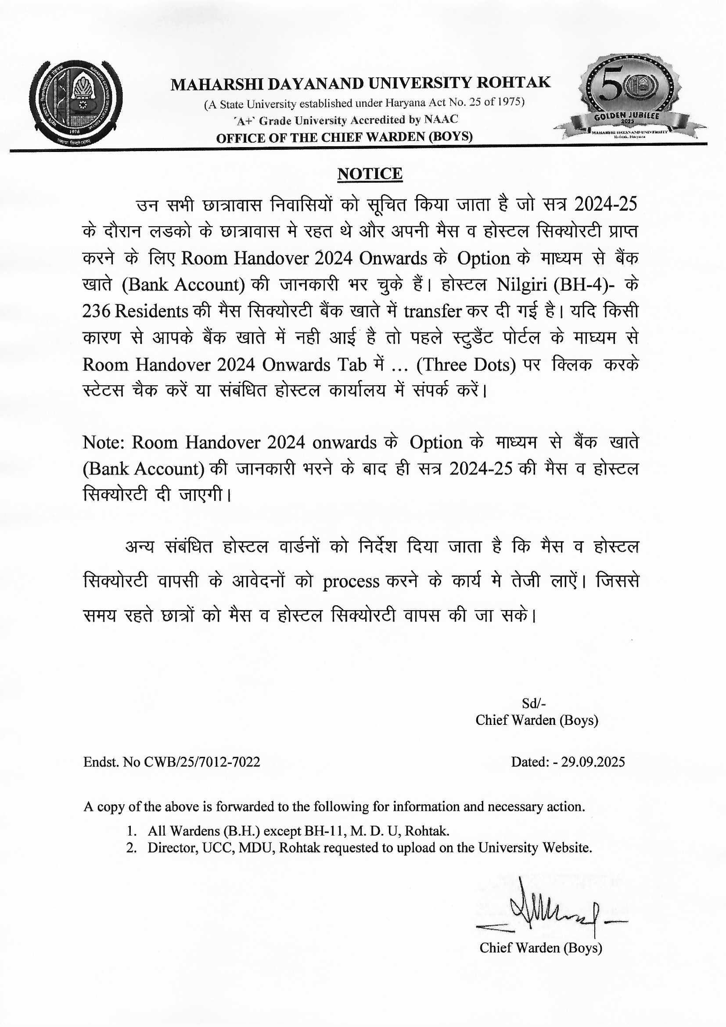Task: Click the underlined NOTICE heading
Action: pyautogui.click(x=370, y=174)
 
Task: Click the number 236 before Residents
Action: pyautogui.click(x=96, y=311)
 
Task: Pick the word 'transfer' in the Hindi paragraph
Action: pyautogui.click(x=432, y=311)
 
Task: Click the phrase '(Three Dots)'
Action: pyautogui.click(x=466, y=365)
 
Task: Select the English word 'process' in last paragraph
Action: pyautogui.click(x=352, y=582)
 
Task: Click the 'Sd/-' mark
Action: pyautogui.click(x=534, y=704)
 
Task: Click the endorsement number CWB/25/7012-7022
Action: pyautogui.click(x=202, y=762)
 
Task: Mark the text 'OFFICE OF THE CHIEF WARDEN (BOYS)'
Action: pyautogui.click(x=344, y=137)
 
